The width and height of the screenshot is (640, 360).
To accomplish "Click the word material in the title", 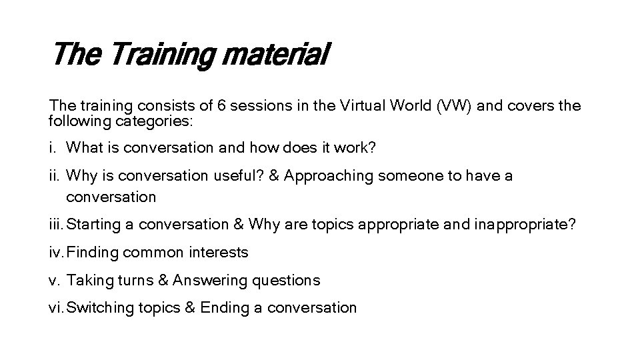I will pos(275,55).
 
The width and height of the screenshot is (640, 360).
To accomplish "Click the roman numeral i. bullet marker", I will pos(53,147).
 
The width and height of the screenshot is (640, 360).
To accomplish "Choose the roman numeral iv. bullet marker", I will pos(57,252).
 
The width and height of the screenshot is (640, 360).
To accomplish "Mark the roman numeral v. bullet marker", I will pos(55,281).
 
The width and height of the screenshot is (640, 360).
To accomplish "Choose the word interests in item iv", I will pos(219,252).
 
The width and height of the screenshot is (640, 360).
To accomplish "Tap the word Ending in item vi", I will pos(223,308).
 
